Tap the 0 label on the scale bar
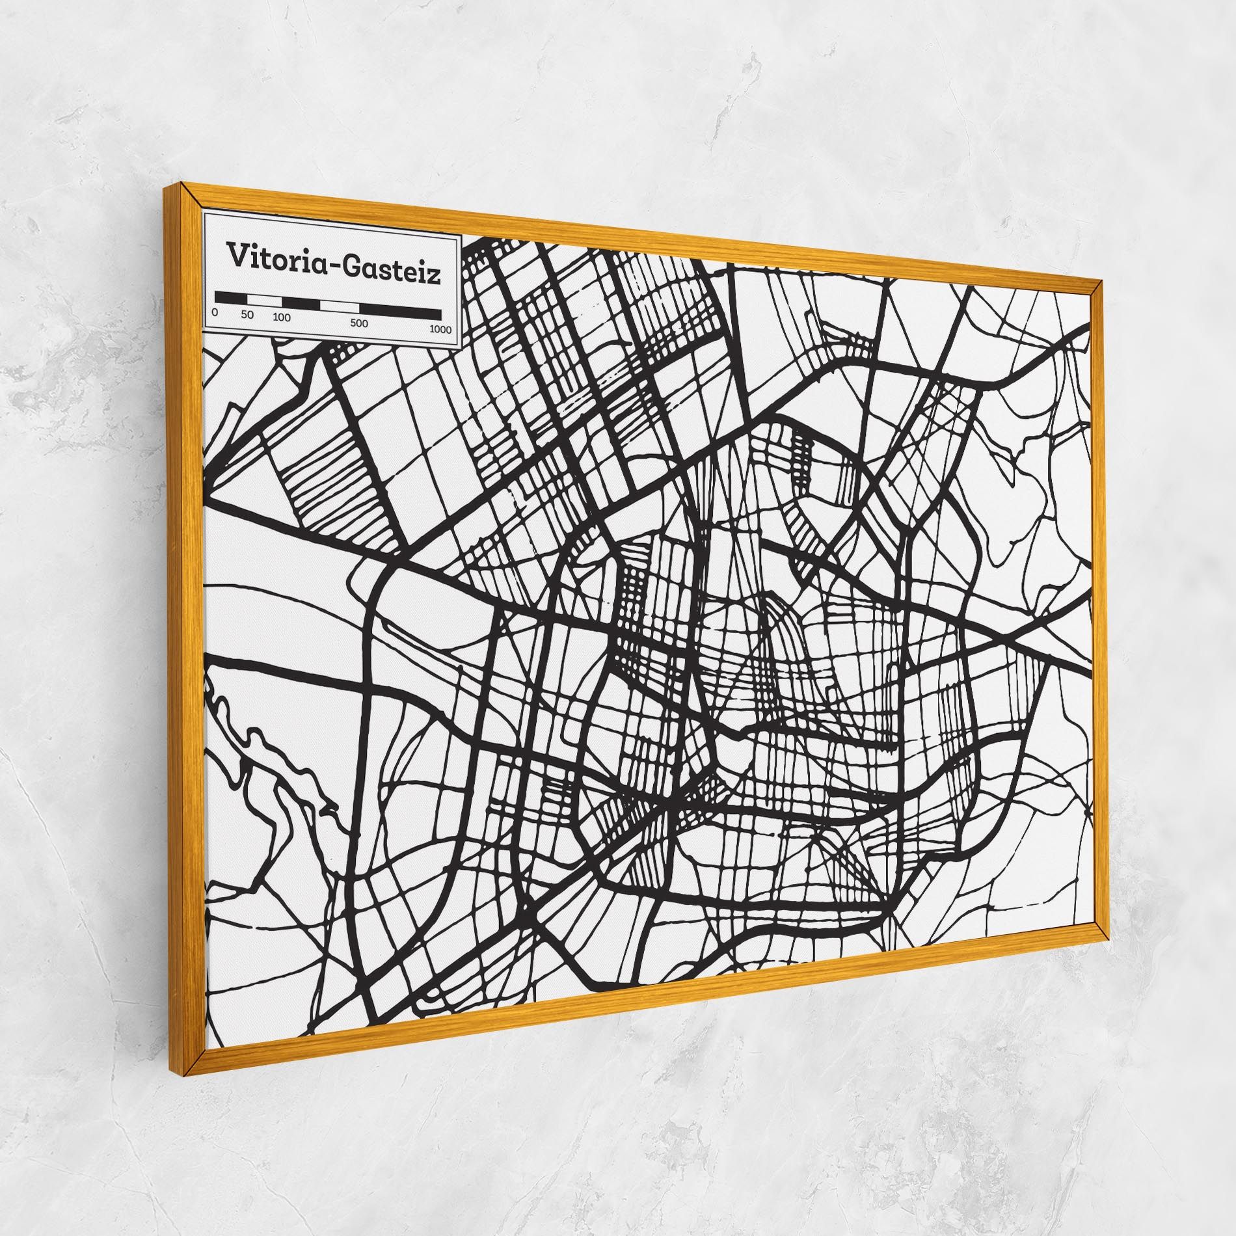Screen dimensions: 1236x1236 [215, 312]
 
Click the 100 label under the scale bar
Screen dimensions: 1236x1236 [282, 318]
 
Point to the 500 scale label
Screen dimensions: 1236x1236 [359, 323]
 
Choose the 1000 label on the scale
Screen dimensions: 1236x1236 [440, 329]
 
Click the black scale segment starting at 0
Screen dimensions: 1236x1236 [231, 298]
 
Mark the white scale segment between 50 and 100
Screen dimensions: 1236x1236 [264, 301]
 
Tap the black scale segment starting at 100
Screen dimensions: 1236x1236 [301, 303]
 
